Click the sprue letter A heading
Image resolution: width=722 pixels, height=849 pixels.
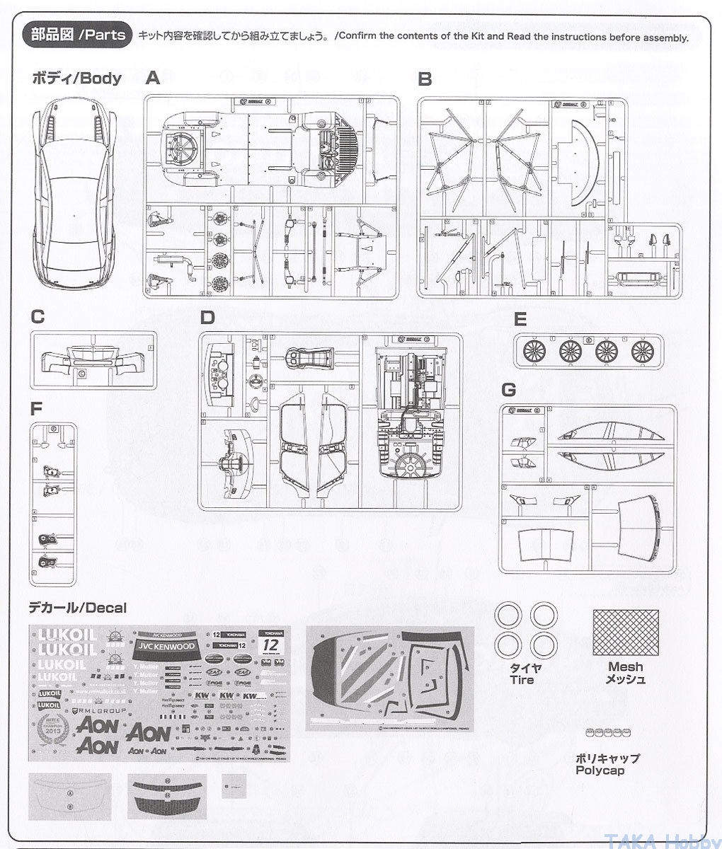point(153,78)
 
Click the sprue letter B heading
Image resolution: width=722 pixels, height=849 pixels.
point(425,79)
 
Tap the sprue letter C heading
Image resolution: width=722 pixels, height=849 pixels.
point(38,316)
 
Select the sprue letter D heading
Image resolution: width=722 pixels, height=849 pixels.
point(207,318)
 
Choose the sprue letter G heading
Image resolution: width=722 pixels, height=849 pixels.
point(508,389)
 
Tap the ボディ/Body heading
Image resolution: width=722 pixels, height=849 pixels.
point(76,78)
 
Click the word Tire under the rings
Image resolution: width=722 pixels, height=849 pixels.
point(522,680)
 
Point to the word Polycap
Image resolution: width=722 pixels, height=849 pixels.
point(600,770)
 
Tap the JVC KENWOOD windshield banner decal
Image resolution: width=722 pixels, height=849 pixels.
point(165,647)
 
